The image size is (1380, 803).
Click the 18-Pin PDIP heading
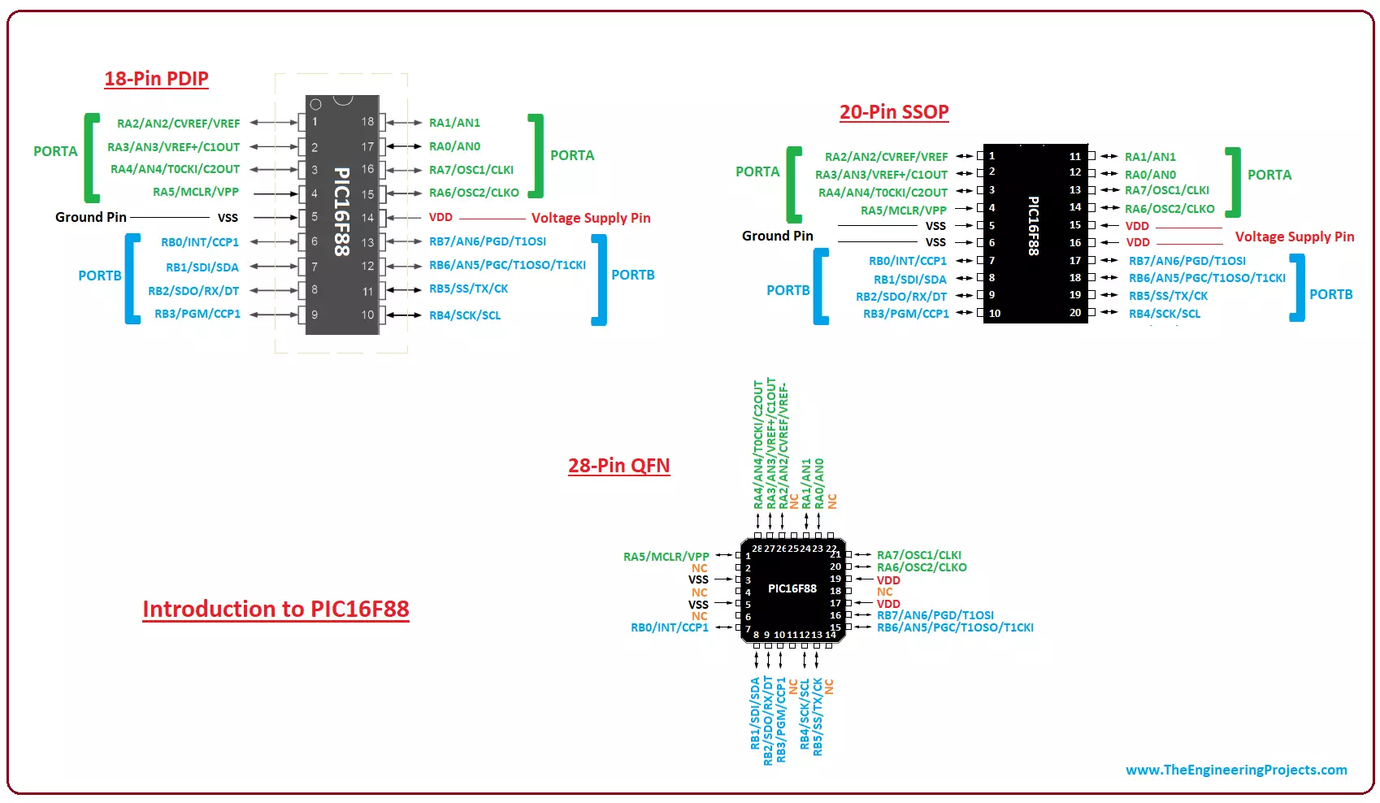156,79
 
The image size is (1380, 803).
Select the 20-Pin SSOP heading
894,112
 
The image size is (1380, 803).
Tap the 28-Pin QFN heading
618,466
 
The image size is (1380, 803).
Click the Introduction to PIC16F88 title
276,609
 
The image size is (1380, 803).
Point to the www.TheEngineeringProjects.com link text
1235,770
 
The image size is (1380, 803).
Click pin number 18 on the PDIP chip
367,122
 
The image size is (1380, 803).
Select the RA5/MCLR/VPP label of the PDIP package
196,192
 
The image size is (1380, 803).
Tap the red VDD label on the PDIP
440,217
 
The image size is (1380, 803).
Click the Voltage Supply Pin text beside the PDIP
591,218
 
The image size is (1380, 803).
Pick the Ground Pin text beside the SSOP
777,236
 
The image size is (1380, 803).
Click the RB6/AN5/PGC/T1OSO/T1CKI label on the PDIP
507,265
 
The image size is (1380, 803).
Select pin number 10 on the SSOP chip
995,313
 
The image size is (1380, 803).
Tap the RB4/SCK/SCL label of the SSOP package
1164,314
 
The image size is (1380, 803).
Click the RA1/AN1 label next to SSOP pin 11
1150,157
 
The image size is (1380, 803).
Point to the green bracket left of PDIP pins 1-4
92,158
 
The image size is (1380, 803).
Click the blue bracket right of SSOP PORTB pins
1298,288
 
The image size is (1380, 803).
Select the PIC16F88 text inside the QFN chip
792,588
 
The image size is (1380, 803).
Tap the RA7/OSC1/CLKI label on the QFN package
918,555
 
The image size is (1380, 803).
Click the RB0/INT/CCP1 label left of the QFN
670,627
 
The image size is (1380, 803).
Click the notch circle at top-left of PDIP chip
316,104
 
